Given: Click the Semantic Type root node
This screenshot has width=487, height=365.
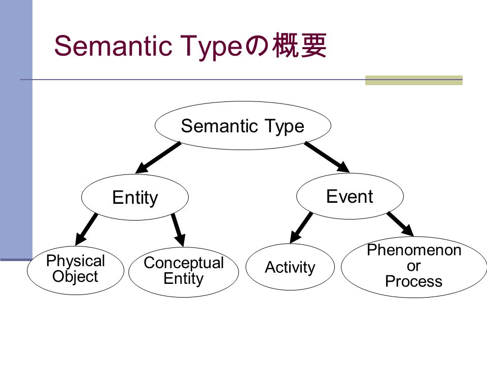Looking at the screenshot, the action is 243,126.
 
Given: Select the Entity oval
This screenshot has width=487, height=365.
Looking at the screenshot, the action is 135,197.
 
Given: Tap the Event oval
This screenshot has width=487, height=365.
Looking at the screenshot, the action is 350,196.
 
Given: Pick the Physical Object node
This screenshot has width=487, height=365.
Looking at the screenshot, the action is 76,270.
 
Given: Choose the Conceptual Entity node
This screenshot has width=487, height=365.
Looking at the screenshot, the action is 184,272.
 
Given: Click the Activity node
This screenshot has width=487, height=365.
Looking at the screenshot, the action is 290,267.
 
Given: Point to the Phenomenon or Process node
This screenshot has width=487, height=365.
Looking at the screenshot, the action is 414,267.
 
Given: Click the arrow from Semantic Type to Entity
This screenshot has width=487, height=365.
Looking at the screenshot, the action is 158,158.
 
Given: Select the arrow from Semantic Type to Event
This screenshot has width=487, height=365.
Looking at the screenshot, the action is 327,157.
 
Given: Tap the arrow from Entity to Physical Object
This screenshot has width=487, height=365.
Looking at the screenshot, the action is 86,229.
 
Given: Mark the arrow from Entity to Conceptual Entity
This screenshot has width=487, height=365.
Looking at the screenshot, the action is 178,230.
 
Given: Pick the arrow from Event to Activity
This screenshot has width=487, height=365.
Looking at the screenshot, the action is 301,228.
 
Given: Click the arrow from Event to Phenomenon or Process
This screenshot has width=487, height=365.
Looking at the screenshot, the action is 400,224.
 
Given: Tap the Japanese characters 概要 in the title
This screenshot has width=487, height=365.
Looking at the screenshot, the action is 300,46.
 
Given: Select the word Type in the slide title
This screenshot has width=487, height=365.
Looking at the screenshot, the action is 212,47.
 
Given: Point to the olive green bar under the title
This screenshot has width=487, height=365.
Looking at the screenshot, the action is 414,80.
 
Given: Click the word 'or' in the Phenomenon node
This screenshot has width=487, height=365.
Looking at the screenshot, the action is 414,266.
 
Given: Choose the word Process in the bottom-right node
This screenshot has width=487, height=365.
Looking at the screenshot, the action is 414,281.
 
